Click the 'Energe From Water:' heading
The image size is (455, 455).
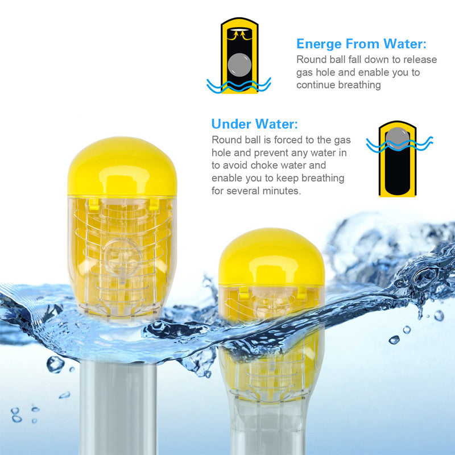pos(361,44)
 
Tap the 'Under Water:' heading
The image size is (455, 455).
pos(254,124)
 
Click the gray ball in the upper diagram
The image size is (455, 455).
pos(239,65)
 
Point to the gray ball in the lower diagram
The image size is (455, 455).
pos(397,137)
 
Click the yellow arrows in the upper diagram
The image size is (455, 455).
pos(239,35)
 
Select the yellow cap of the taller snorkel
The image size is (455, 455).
pos(122,167)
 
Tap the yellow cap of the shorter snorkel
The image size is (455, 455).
pos(272,257)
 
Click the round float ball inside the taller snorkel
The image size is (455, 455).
pos(122,258)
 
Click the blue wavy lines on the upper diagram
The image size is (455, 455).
pos(238,86)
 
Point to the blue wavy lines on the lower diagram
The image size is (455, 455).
pos(399,144)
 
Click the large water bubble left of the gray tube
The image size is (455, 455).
pos(55,364)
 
